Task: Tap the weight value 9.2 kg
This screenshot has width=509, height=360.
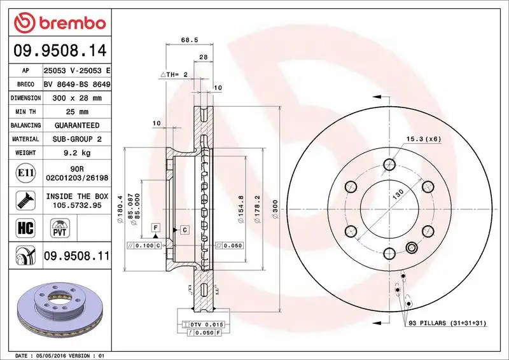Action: coord(77,153)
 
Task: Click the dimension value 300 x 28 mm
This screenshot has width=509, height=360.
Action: coord(77,99)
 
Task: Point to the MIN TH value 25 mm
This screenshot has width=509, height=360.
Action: coord(77,112)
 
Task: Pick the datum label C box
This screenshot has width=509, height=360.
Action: coord(184,228)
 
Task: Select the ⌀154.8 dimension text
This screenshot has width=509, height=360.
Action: coord(241,207)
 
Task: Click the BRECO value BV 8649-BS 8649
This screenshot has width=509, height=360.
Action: coord(77,85)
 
